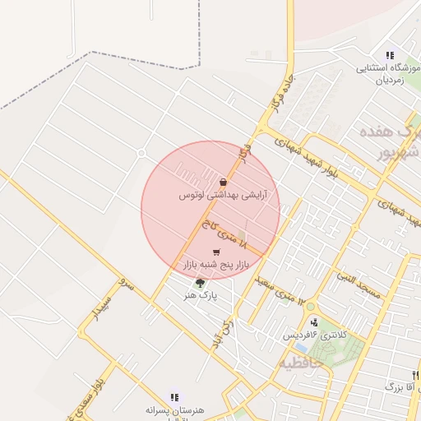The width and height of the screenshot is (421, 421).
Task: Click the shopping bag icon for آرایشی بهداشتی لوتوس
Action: [224, 182]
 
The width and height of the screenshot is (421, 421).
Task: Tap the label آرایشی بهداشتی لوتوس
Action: [220, 196]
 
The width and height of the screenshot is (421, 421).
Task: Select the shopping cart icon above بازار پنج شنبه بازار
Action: [216, 252]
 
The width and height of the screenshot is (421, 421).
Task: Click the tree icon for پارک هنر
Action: [199, 283]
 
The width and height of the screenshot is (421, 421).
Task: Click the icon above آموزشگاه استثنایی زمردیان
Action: [389, 55]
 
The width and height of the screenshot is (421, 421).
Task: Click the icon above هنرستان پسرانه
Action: [174, 396]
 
